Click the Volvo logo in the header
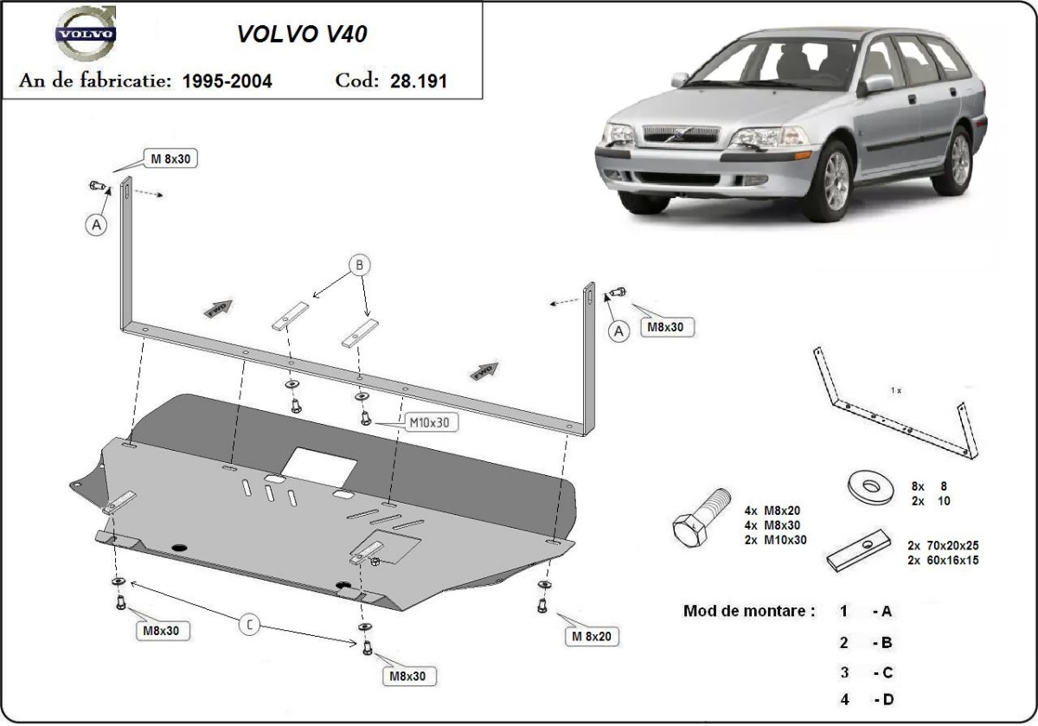pyautogui.click(x=84, y=34)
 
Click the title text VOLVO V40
pyautogui.click(x=302, y=34)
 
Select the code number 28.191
pyautogui.click(x=418, y=81)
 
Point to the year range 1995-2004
pyautogui.click(x=227, y=81)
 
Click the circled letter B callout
pyautogui.click(x=360, y=265)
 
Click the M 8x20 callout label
pyautogui.click(x=594, y=637)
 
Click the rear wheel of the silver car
pyautogui.click(x=958, y=159)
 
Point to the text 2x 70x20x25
pyautogui.click(x=943, y=546)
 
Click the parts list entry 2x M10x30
pyautogui.click(x=774, y=539)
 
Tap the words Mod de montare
pyautogui.click(x=749, y=611)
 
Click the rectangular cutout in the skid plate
pyautogui.click(x=319, y=467)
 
